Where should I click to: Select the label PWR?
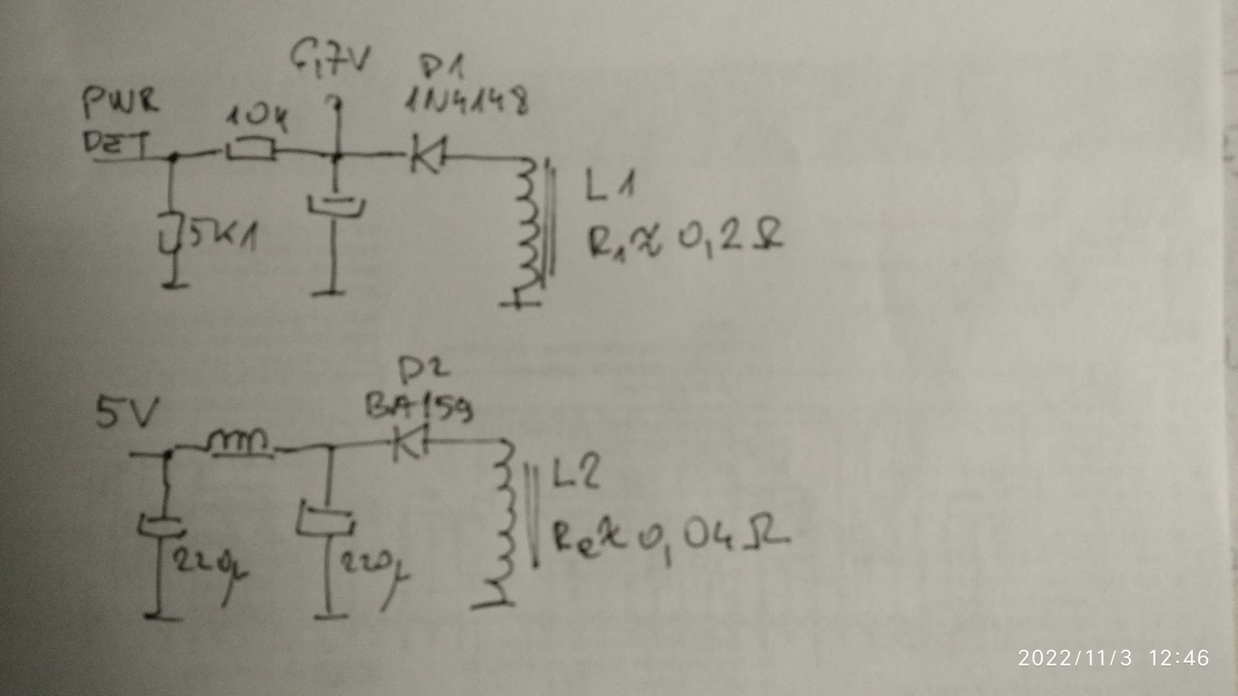[121, 103]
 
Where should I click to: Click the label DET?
[116, 143]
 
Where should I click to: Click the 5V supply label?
[126, 412]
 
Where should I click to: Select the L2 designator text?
[576, 474]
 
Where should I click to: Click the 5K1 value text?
[222, 237]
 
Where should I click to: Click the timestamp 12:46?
[1179, 658]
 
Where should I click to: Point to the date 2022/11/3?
[1075, 658]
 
